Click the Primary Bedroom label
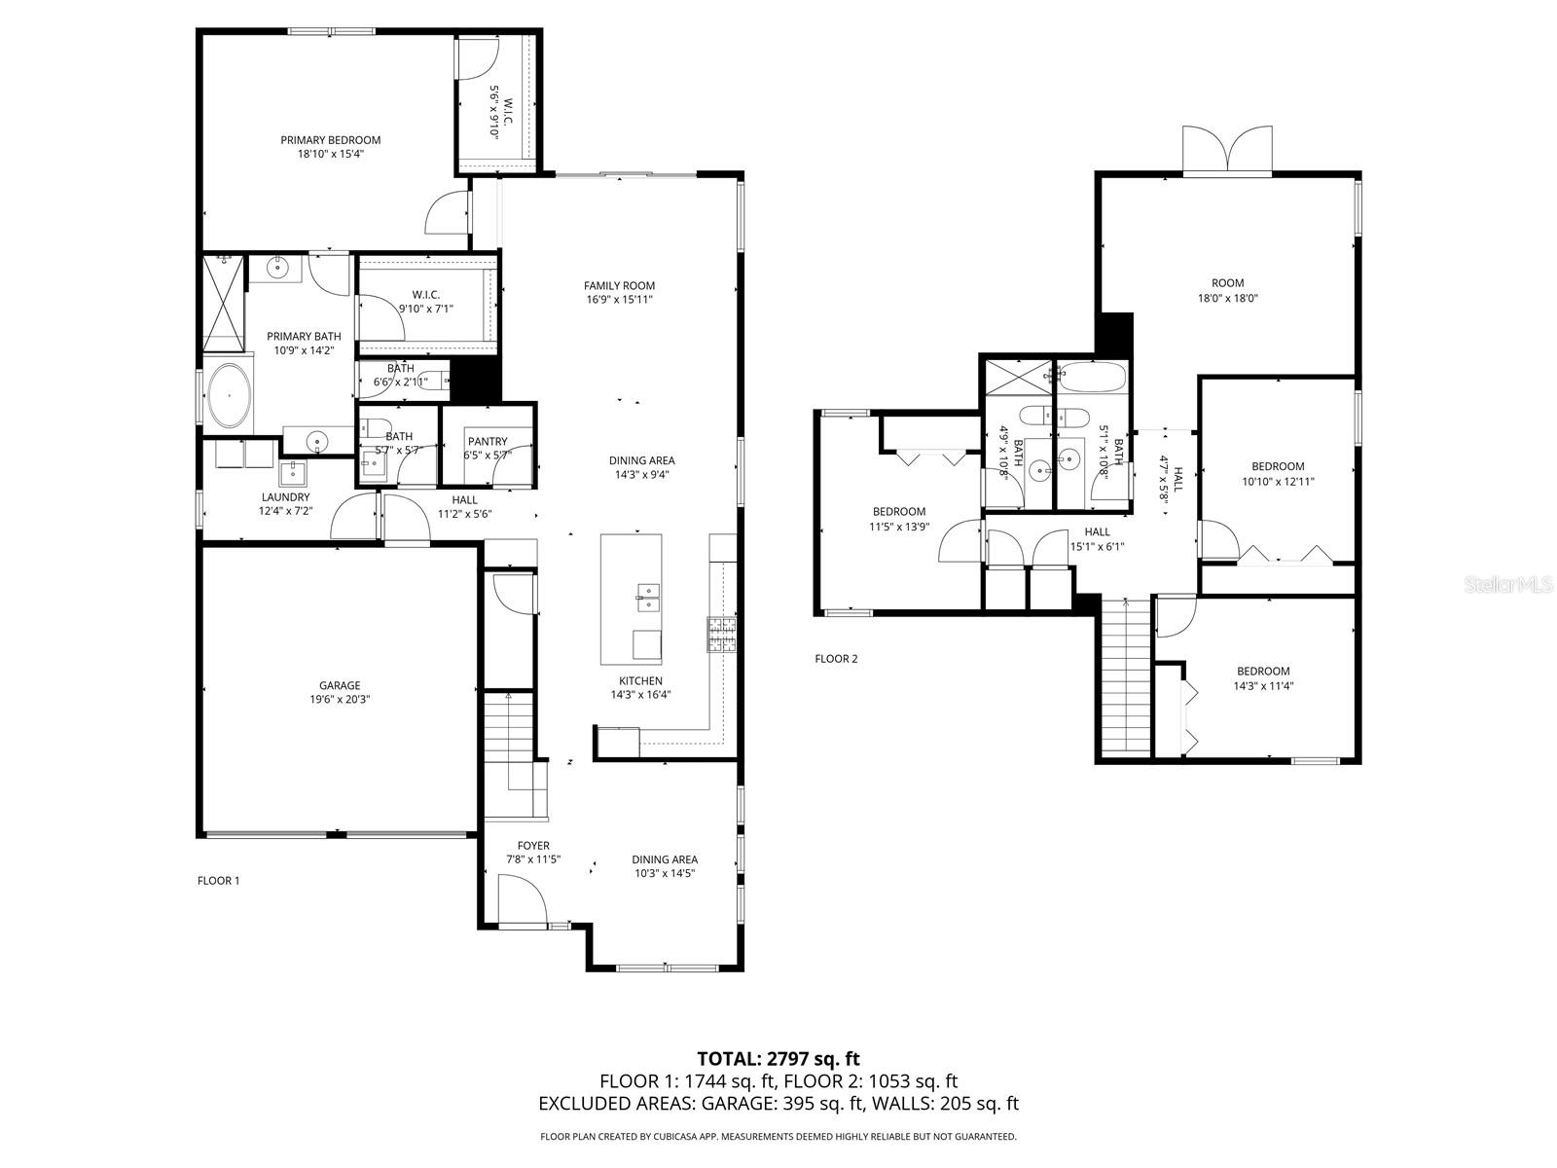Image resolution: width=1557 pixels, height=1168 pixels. (x=331, y=140)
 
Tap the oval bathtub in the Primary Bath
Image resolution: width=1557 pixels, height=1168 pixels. (x=229, y=395)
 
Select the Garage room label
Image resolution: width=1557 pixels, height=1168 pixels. (x=340, y=686)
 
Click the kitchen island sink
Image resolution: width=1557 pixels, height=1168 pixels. (x=647, y=597)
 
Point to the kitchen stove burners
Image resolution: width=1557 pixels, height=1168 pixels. (x=722, y=634)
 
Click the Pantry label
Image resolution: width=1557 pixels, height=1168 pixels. (x=488, y=441)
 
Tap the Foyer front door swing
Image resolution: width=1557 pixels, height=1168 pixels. (x=522, y=900)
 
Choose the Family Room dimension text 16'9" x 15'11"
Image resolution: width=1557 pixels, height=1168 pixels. (x=619, y=299)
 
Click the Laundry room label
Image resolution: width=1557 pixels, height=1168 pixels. (x=285, y=497)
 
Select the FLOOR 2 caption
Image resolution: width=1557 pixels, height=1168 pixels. (x=836, y=659)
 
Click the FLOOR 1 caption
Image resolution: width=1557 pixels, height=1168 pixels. (x=219, y=881)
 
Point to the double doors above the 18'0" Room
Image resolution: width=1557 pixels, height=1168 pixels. (x=1227, y=149)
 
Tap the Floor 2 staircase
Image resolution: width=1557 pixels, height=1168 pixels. (x=1126, y=676)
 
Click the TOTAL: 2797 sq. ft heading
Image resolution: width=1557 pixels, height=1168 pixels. (x=778, y=1060)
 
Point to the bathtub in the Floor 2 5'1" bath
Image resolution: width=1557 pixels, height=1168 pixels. (x=1092, y=378)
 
